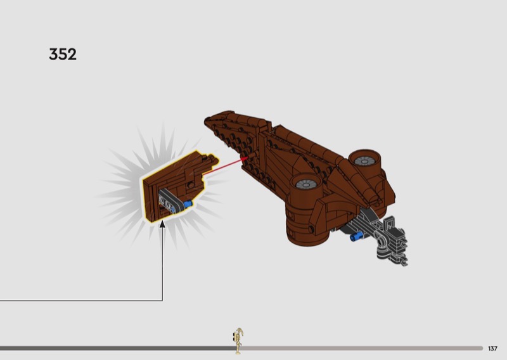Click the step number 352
(x=63, y=55)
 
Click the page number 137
(x=493, y=349)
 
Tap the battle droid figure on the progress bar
(x=238, y=340)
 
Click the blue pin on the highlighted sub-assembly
(x=189, y=203)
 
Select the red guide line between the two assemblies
(x=225, y=166)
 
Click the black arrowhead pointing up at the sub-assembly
(x=162, y=224)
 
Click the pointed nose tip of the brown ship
(x=207, y=119)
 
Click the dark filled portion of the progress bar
(x=114, y=348)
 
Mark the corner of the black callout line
(x=162, y=300)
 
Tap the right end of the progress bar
(x=481, y=348)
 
